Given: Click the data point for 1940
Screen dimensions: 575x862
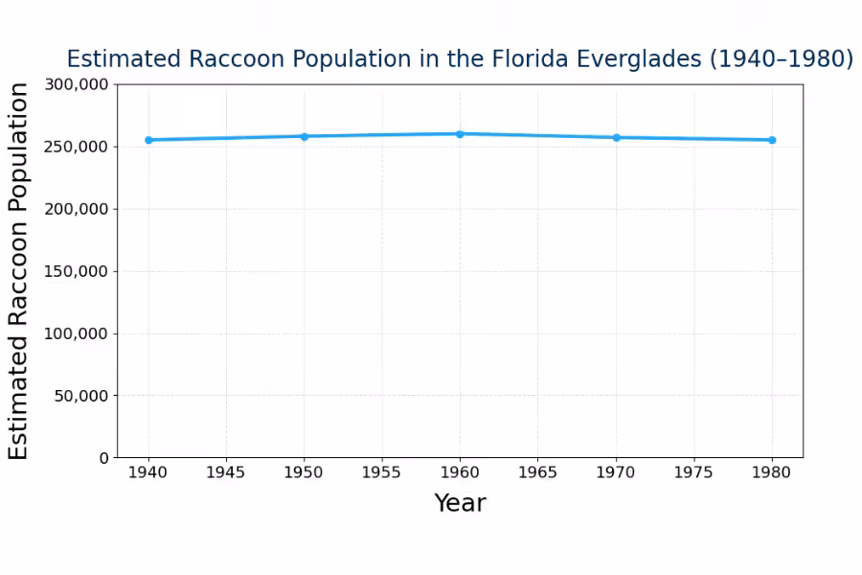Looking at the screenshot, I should [x=148, y=140].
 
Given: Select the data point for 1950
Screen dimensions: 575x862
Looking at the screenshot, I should [x=305, y=136].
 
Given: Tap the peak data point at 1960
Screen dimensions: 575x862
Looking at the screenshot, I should [x=460, y=134].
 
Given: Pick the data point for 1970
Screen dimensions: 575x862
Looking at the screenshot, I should [x=616, y=138].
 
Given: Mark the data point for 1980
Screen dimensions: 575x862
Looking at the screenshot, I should [x=772, y=140].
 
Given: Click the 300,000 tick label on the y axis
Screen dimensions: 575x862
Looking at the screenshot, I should [x=77, y=84].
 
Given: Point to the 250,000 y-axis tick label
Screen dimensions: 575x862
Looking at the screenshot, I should [x=77, y=147].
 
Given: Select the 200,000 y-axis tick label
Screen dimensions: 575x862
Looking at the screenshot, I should [x=77, y=209].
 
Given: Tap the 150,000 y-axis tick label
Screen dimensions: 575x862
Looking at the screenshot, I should [x=77, y=271].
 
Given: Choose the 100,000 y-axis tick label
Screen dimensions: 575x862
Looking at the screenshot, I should [x=77, y=333].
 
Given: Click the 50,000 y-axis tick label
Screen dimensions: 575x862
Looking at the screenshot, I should [x=80, y=396].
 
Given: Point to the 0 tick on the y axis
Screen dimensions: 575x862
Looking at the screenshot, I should [x=104, y=458].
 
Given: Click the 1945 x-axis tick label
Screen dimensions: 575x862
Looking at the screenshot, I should [x=226, y=472].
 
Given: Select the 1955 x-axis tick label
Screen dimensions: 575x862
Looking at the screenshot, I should [x=382, y=472].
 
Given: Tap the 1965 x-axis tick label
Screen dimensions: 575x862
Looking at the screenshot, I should [x=537, y=472].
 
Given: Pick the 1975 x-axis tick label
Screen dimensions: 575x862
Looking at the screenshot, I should [x=693, y=472].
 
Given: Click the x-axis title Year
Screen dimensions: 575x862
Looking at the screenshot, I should [x=460, y=503].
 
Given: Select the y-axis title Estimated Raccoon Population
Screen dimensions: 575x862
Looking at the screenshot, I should [x=19, y=271].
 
